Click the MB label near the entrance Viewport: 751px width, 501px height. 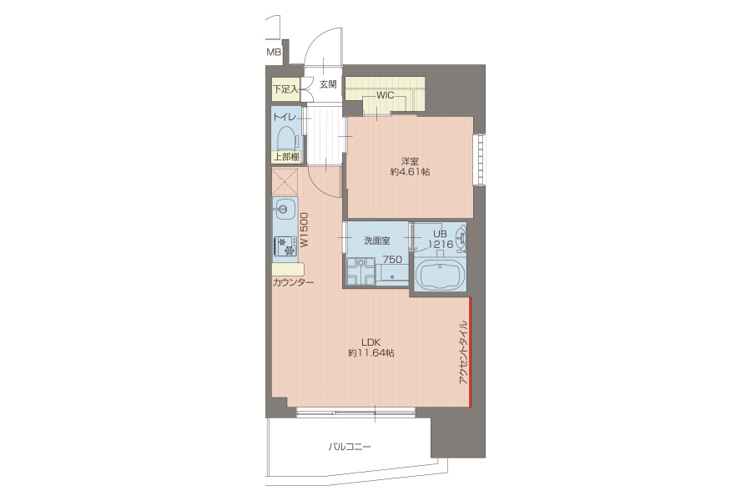click(x=274, y=53)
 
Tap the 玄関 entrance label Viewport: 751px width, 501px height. click(x=328, y=85)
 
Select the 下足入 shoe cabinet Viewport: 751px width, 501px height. click(x=286, y=89)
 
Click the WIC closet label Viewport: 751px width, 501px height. click(x=385, y=95)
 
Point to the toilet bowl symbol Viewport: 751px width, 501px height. click(x=287, y=139)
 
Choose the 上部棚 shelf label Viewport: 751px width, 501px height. click(x=286, y=157)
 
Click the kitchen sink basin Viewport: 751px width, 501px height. click(x=283, y=209)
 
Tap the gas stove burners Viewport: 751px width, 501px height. click(x=285, y=246)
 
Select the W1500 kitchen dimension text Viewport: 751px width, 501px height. click(x=304, y=230)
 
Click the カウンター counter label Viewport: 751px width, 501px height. click(x=293, y=282)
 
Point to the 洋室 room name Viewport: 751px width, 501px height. click(x=410, y=161)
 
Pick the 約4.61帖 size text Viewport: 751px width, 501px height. click(x=410, y=172)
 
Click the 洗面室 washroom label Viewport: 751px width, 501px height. click(x=377, y=240)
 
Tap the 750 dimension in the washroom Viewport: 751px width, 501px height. click(x=392, y=260)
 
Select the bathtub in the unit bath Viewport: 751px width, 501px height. click(x=440, y=275)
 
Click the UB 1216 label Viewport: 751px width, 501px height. click(x=440, y=240)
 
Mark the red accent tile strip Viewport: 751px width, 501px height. click(x=471, y=352)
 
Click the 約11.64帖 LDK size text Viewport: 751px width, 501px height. click(x=371, y=353)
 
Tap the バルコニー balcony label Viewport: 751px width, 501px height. click(x=350, y=447)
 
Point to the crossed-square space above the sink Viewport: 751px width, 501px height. click(x=285, y=182)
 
